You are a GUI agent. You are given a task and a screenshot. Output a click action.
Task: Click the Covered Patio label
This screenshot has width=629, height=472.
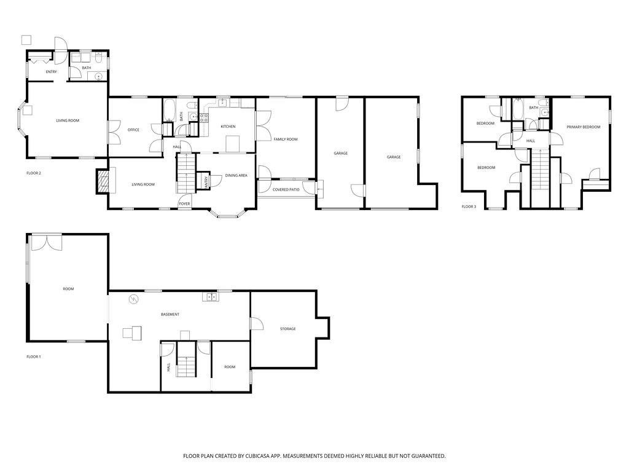click(x=286, y=189)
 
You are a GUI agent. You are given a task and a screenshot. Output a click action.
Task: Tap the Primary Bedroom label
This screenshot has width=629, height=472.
click(x=583, y=127)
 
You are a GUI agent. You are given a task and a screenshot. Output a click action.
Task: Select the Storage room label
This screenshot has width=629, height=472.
click(x=287, y=329)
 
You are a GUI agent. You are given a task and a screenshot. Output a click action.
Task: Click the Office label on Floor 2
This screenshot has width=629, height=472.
click(x=133, y=130)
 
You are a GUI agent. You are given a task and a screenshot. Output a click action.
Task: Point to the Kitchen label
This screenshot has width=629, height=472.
click(x=228, y=127)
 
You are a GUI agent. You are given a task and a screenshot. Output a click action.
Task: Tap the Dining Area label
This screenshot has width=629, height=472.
click(x=236, y=176)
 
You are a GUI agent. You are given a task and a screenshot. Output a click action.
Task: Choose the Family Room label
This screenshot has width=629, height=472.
click(x=286, y=140)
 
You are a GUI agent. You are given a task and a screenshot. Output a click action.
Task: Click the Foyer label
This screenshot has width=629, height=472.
click(x=184, y=203)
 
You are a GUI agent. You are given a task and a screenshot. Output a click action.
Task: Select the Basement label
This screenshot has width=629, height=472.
click(x=170, y=315)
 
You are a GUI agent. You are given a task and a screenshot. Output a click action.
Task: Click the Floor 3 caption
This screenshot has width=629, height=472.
click(x=469, y=206)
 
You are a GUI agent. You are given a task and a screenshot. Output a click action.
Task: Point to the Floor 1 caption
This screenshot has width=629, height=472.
click(x=34, y=356)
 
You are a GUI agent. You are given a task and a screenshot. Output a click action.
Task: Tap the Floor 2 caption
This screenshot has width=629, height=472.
click(x=34, y=173)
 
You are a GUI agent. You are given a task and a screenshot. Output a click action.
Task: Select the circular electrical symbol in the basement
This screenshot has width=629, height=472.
click(x=134, y=299)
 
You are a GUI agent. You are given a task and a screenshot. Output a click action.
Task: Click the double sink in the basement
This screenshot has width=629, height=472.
click(x=210, y=297)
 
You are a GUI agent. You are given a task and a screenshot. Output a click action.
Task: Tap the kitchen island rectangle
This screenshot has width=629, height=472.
click(x=233, y=144)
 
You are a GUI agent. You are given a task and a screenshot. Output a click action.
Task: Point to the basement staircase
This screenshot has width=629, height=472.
click(x=185, y=366)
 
